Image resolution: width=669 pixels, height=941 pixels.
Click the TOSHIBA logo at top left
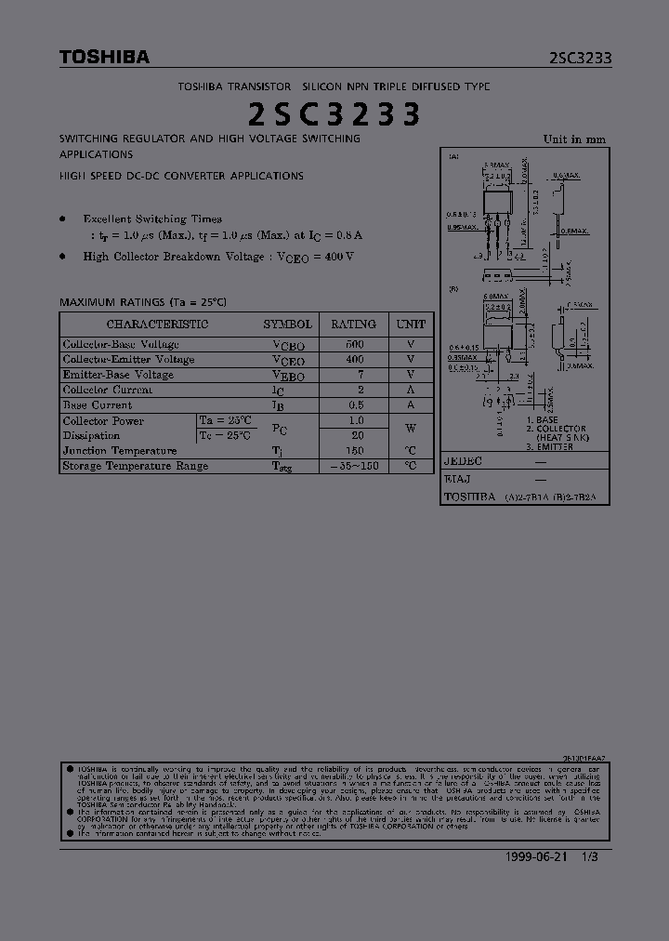coord(104,58)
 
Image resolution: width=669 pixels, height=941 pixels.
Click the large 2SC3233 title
coord(334,114)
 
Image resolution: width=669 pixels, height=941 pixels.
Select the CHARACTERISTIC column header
coord(157,325)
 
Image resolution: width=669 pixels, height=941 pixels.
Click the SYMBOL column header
coord(287,325)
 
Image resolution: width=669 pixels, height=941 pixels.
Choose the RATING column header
coord(353,325)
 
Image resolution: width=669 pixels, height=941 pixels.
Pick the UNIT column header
coord(411,325)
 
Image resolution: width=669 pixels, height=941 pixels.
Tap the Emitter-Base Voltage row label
coord(118,375)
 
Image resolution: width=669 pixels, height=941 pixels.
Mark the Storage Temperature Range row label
coord(136,466)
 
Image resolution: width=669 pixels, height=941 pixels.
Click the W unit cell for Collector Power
coord(411,428)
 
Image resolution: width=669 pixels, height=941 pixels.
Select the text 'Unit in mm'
coord(574,139)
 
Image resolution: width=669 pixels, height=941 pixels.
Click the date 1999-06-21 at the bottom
coord(534,857)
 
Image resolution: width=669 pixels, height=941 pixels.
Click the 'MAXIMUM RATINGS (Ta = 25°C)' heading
coord(143,302)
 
